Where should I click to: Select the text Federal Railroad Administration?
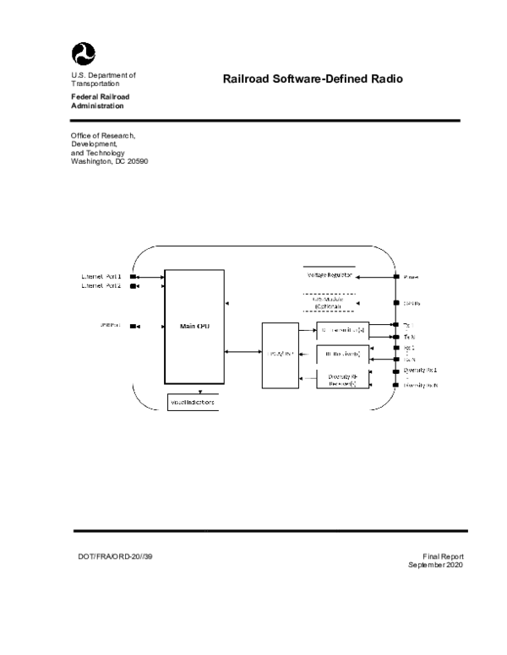pos(98,101)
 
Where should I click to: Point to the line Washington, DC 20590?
pos(109,160)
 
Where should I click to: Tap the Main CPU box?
pos(193,326)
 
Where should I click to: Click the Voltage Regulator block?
pos(329,275)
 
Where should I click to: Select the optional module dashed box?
pos(329,303)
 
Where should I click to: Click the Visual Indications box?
pos(193,403)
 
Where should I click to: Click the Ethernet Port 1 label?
pos(101,276)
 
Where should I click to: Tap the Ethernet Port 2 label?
pos(101,286)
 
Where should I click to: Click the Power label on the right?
pos(411,276)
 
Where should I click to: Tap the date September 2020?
pos(435,565)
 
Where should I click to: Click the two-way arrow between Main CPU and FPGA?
pos(242,352)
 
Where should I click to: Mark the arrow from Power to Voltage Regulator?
pos(375,276)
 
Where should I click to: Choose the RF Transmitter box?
pos(341,327)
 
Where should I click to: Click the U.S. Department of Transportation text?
pos(103,79)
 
